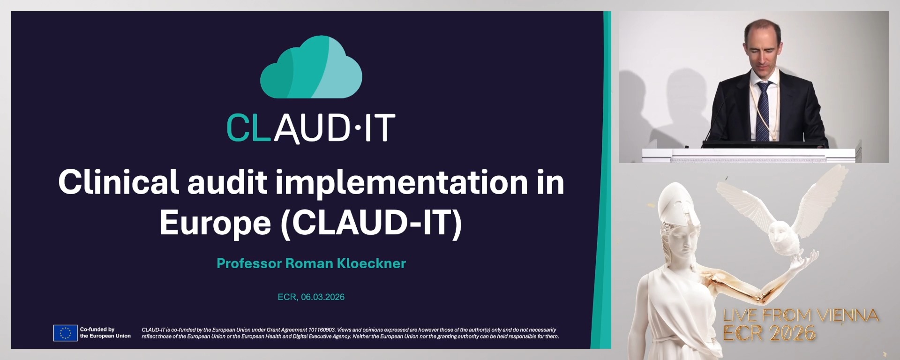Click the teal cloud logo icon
[311, 68]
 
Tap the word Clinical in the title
[119, 182]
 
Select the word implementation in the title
[401, 182]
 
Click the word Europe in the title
[215, 223]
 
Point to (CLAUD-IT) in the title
[371, 223]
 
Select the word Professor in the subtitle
[249, 263]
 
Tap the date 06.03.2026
[322, 297]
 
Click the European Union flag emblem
[65, 333]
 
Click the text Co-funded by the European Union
[105, 333]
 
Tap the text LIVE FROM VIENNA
[800, 315]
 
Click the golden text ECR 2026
[769, 333]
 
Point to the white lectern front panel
[750, 156]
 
